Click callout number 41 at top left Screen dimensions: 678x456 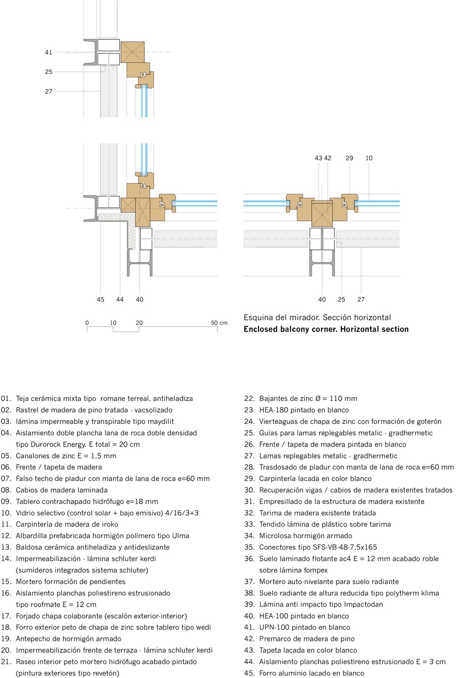point(49,52)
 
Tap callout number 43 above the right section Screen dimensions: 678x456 point(318,158)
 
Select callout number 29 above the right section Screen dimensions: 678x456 point(349,158)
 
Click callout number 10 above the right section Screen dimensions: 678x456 point(369,158)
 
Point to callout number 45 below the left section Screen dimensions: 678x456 point(100,300)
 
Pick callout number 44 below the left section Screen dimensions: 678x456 point(120,300)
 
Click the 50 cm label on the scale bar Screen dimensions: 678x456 point(219,323)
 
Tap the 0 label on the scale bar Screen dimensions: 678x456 point(87,323)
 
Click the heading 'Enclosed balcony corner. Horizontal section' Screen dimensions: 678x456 point(326,329)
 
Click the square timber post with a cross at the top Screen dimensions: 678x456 point(133,52)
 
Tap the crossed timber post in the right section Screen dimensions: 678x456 point(322,214)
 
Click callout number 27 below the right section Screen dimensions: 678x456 point(361,300)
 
